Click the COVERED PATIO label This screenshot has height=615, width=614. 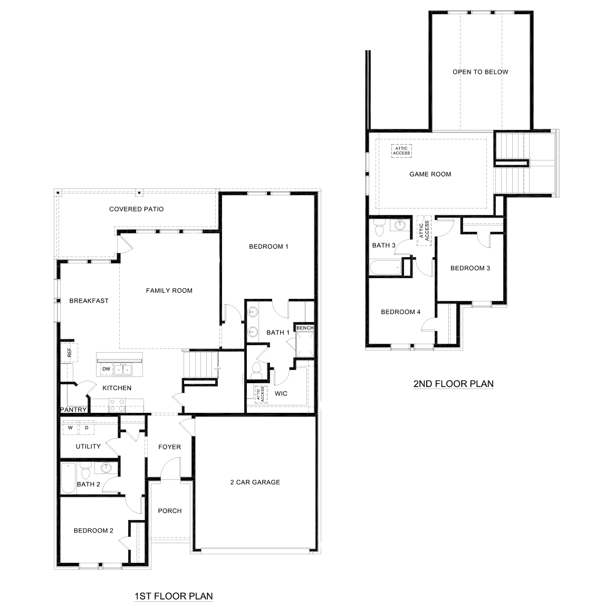[x=136, y=209]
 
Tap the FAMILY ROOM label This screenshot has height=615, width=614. [x=169, y=290]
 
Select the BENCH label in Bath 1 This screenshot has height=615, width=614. [x=305, y=328]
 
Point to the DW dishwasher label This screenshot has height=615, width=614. [x=106, y=369]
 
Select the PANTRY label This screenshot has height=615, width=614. [x=73, y=410]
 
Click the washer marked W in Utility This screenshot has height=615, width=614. [x=70, y=428]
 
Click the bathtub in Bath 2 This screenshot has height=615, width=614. [x=68, y=478]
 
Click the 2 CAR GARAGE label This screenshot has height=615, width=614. [x=255, y=482]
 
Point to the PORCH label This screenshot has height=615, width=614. [x=169, y=510]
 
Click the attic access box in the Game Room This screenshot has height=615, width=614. [x=401, y=150]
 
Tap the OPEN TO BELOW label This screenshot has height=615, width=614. [x=480, y=72]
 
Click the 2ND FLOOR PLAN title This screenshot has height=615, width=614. [x=453, y=384]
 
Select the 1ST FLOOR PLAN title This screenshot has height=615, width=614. [x=174, y=596]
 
